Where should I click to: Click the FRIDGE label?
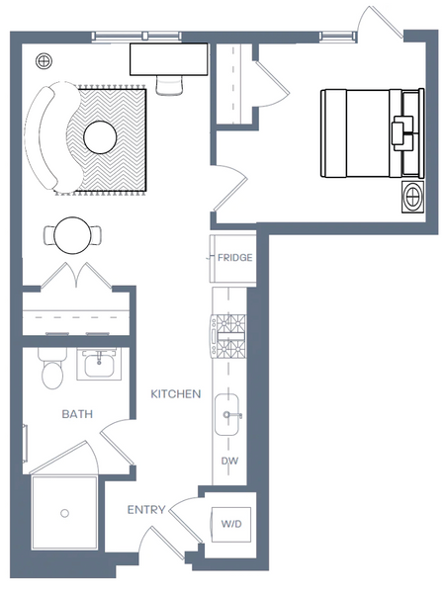click(235, 258)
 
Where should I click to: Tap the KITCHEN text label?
click(176, 394)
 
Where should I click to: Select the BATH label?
click(77, 414)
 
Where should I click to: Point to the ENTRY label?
click(146, 510)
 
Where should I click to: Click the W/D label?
click(231, 524)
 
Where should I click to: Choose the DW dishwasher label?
click(229, 461)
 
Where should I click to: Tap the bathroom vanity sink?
click(99, 364)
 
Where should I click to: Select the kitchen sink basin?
click(226, 414)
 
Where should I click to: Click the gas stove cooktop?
click(228, 336)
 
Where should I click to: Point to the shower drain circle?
click(64, 513)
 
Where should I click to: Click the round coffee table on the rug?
click(100, 137)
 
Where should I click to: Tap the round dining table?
click(72, 235)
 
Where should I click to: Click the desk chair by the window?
click(169, 85)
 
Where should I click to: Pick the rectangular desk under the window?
click(169, 59)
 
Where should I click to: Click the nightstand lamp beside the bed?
click(412, 197)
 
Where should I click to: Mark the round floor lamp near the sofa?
click(44, 60)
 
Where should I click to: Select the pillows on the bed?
click(401, 133)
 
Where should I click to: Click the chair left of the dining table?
click(49, 235)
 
